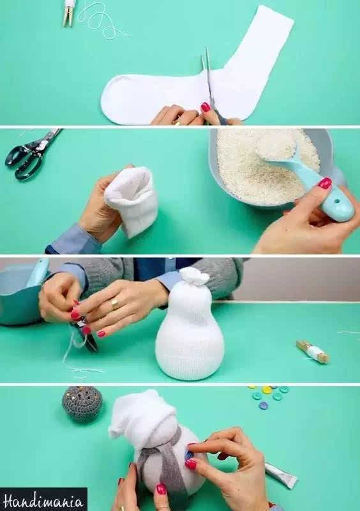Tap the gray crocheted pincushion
[82, 404]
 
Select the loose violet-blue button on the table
[263, 406]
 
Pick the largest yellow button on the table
[267, 390]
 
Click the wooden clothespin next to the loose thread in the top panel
[68, 13]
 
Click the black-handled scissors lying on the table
[31, 155]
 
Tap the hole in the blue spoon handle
[340, 205]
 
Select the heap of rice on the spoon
[276, 146]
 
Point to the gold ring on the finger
[115, 304]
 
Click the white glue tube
[280, 475]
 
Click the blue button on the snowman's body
[189, 454]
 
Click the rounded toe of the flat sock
[112, 99]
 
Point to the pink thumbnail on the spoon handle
[325, 183]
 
